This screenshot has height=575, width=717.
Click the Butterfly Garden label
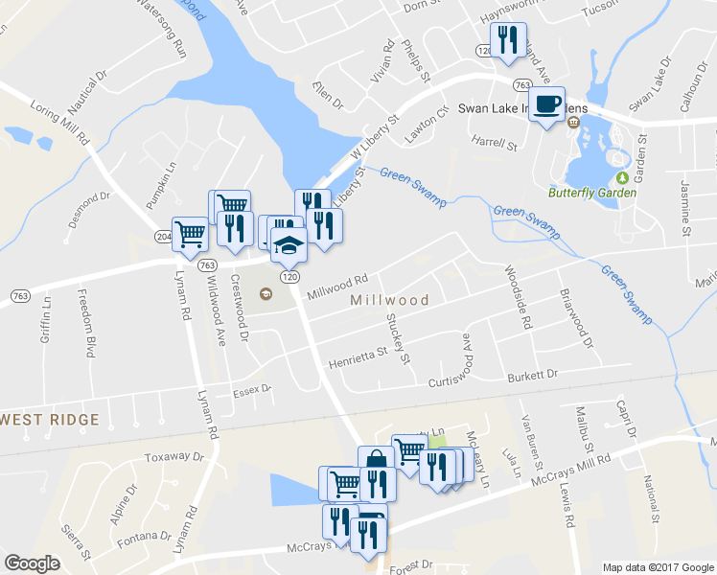coord(591,193)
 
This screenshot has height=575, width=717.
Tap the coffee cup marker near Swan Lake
coord(547,104)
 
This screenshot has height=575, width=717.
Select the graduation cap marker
coord(288,245)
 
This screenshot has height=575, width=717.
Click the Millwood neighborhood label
coord(390,300)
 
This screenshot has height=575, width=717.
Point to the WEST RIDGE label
coord(52,420)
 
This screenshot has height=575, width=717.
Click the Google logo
coord(32,563)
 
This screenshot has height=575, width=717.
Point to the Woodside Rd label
coord(516,298)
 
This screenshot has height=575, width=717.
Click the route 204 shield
coord(163,236)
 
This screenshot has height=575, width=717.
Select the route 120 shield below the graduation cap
coord(287,276)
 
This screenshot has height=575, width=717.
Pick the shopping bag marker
coord(376,461)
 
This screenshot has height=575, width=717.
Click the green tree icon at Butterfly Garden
coord(622,177)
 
